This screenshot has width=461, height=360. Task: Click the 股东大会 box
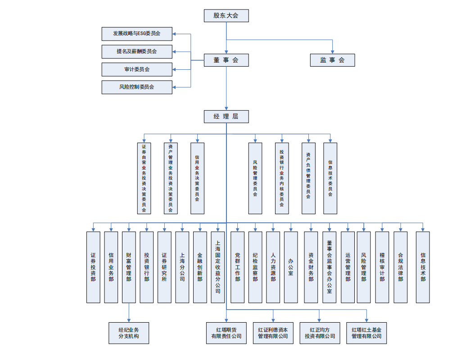tap(226, 16)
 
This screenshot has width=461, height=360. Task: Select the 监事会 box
tap(332, 60)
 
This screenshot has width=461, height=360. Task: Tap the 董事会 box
tap(226, 60)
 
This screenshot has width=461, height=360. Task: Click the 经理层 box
tap(226, 117)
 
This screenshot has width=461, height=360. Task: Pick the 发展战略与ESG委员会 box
tap(137, 33)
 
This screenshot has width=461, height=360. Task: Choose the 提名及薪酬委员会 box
tap(137, 51)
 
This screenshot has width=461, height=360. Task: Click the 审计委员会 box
tap(137, 69)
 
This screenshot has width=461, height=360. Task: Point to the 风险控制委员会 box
tap(137, 87)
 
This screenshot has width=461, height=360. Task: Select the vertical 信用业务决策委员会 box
tap(197, 178)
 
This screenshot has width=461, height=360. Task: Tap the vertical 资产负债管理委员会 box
tap(308, 178)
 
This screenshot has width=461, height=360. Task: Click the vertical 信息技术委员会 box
tap(330, 178)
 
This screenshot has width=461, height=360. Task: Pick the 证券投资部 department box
tap(93, 267)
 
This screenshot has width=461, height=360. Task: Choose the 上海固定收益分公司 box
tap(217, 267)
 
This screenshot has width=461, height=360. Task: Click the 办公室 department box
tap(291, 267)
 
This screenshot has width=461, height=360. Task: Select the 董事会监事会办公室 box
tap(329, 267)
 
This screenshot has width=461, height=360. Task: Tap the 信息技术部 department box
tap(423, 267)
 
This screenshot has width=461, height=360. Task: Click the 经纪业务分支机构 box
tap(129, 333)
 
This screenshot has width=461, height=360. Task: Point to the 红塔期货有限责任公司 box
tap(226, 333)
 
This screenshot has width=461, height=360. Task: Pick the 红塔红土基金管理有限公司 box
tap(366, 333)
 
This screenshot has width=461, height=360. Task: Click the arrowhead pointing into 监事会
tap(333, 52)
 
